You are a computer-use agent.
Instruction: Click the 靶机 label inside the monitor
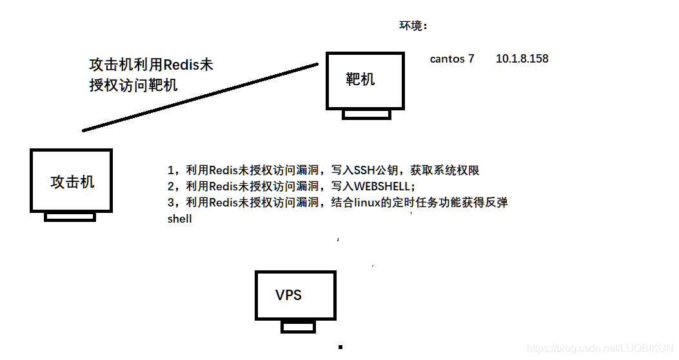coord(360,79)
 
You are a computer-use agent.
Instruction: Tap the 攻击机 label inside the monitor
coord(72,183)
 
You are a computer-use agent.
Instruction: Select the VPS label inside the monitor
coord(288,295)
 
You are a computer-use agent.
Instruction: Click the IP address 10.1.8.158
coord(522,59)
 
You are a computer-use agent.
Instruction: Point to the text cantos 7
coord(452,59)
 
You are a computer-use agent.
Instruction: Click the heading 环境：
coord(413,26)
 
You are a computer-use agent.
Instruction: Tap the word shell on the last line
coord(179,219)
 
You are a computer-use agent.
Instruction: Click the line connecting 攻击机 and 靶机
coord(200,97)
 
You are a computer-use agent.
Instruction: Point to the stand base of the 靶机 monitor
coord(366,114)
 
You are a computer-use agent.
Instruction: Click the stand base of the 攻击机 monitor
coord(70,217)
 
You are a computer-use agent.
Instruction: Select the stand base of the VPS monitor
coord(298,327)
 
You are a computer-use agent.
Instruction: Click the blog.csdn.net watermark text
coord(600,348)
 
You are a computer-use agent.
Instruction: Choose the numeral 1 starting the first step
coord(171,171)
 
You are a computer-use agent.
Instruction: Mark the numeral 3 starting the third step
coord(171,203)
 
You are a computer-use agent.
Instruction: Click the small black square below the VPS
coord(340,347)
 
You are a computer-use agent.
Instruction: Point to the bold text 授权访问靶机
coord(133,85)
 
